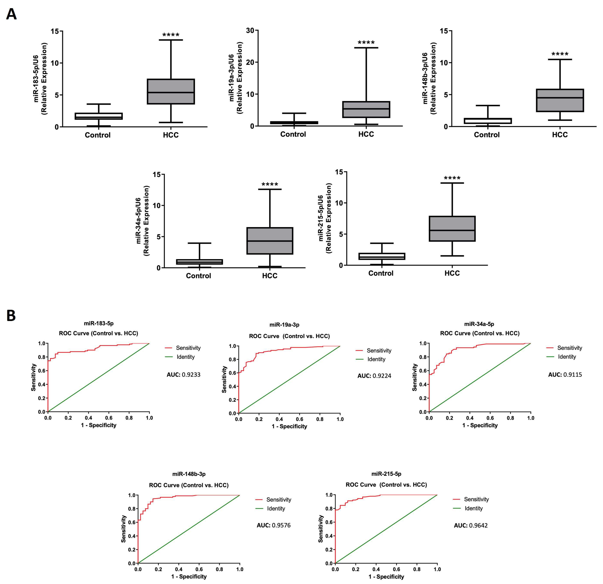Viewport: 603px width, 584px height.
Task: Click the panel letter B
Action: click(11, 315)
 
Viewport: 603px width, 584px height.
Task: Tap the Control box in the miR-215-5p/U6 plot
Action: click(382, 256)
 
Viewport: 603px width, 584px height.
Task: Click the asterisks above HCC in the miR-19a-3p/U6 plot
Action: click(366, 42)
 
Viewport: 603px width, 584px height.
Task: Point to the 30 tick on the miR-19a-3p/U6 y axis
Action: click(250, 31)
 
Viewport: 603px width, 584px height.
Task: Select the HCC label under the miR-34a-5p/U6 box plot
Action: click(270, 276)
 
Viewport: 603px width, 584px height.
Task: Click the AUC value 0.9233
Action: click(191, 375)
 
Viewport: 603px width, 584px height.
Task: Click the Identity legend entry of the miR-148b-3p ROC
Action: click(276, 509)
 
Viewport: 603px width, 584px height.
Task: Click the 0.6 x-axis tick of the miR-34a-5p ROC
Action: click(490, 418)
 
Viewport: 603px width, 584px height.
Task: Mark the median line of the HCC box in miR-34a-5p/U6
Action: click(270, 241)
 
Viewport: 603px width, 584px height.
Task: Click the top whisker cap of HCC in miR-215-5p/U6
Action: click(452, 183)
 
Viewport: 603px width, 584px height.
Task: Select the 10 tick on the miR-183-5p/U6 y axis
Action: click(55, 63)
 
